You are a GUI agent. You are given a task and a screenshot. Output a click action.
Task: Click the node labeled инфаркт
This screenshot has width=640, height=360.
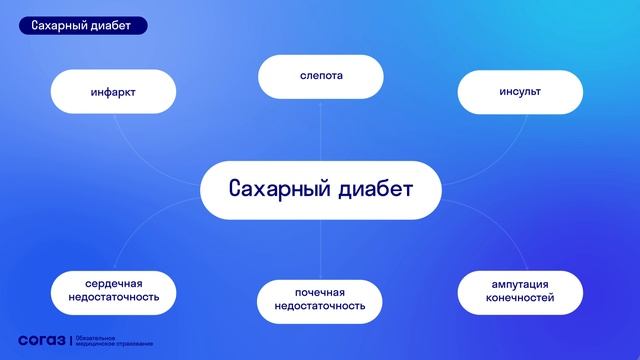point(111,92)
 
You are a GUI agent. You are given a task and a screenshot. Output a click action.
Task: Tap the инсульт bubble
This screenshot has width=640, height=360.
point(520,92)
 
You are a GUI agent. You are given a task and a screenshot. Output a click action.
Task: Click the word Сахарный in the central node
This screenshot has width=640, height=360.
point(275,189)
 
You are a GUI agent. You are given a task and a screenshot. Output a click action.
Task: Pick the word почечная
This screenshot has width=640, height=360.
point(320,291)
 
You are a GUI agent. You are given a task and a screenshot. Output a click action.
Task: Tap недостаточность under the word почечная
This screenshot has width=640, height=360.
point(320,306)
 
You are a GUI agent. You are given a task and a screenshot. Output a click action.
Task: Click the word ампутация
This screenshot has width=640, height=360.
point(520,283)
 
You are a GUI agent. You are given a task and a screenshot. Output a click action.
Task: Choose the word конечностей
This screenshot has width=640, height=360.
point(520,298)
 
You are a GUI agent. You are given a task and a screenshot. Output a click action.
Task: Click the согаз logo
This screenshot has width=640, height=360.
point(41,341)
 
